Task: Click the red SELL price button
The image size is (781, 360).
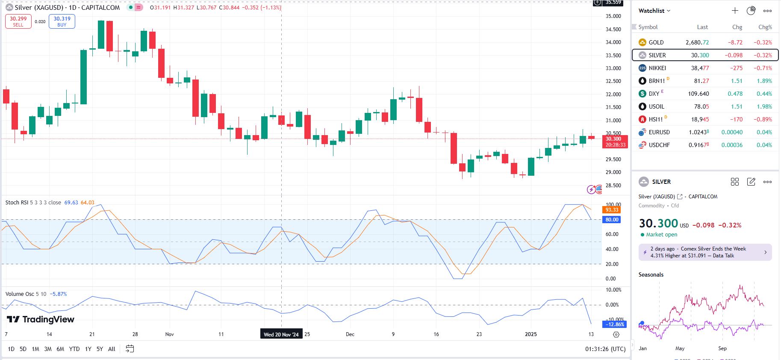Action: click(x=18, y=21)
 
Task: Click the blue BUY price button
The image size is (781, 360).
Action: click(x=62, y=21)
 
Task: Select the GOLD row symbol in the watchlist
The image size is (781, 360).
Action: click(x=656, y=42)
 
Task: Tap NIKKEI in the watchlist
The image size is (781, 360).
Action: click(x=657, y=68)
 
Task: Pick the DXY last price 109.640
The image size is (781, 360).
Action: click(x=698, y=94)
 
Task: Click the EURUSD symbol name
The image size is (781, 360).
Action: click(x=659, y=132)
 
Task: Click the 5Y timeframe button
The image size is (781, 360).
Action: click(x=100, y=349)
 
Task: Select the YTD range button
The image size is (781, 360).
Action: click(x=74, y=349)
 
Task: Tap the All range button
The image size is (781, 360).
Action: click(x=112, y=349)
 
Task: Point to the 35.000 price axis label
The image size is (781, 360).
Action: click(x=613, y=16)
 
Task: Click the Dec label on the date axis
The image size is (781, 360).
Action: click(x=350, y=334)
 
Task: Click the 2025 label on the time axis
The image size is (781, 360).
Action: click(x=530, y=334)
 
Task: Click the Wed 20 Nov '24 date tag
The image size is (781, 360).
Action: click(x=281, y=334)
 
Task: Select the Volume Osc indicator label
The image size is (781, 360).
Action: click(x=20, y=294)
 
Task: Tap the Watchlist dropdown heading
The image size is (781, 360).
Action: click(x=654, y=11)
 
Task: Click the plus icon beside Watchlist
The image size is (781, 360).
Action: click(x=735, y=11)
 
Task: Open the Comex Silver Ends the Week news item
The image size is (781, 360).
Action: click(x=705, y=252)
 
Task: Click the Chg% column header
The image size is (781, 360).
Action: click(x=765, y=27)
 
